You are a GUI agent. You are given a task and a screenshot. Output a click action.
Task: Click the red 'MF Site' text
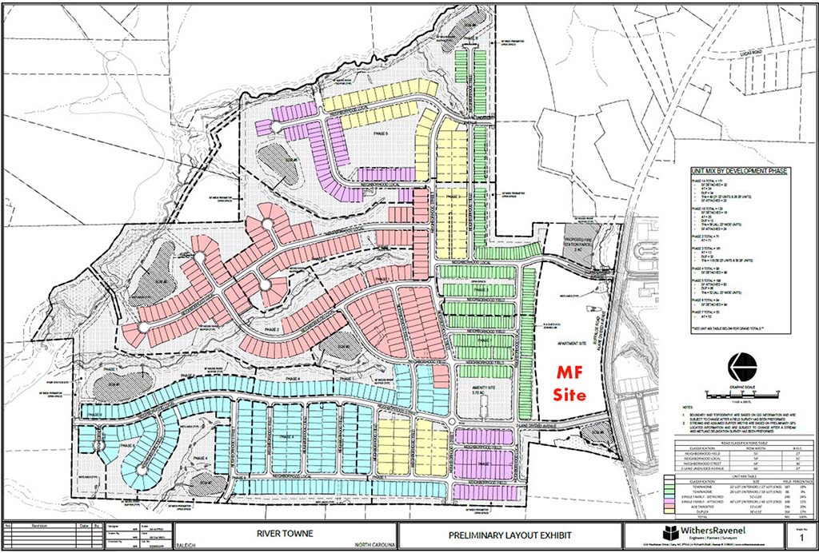571,384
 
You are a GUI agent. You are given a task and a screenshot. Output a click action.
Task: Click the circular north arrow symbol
744,368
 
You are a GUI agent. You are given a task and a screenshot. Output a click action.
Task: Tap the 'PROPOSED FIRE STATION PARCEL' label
573,241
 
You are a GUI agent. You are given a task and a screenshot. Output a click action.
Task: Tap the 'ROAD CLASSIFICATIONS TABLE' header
741,440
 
